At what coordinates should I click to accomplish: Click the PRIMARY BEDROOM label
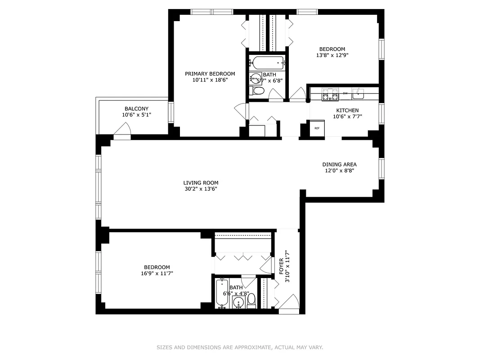click(210, 74)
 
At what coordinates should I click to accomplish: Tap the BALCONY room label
click(136, 109)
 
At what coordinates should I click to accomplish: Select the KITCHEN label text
click(347, 110)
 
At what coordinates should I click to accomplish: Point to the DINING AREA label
click(339, 165)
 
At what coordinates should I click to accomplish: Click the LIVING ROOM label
click(201, 183)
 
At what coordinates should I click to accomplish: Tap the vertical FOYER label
click(282, 267)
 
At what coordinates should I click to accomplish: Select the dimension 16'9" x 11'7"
click(157, 273)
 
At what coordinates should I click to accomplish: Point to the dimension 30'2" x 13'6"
click(201, 189)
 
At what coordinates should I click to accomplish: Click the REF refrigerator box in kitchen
click(317, 128)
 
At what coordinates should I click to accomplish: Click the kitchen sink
click(358, 94)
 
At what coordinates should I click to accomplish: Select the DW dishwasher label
click(345, 93)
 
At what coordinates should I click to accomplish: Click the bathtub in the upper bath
click(268, 63)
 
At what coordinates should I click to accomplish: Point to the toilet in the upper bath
click(258, 91)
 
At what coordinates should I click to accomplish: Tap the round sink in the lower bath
click(239, 302)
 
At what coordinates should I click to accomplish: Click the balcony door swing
click(122, 130)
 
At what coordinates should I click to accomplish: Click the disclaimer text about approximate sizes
click(240, 347)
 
